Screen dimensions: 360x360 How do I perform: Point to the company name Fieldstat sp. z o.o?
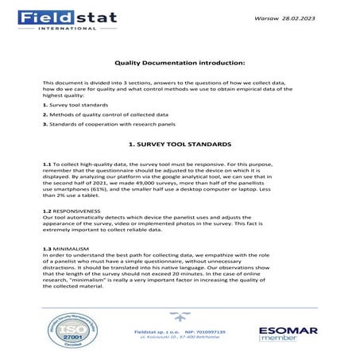click(x=157, y=331)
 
